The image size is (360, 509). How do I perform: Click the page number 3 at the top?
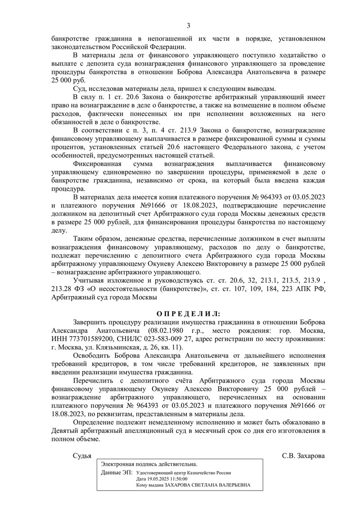[x=189, y=25]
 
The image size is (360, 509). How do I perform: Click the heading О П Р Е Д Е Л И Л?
[x=189, y=314]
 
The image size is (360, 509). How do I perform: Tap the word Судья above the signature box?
[x=82, y=455]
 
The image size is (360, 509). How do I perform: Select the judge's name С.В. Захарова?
[x=303, y=455]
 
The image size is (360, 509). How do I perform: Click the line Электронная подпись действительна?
[x=149, y=464]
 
